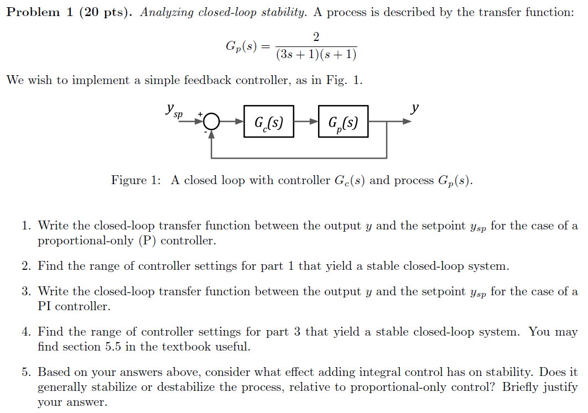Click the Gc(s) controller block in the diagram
[x=268, y=122]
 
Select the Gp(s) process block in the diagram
[x=343, y=122]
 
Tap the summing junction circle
[x=212, y=122]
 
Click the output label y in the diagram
[x=414, y=108]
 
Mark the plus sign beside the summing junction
[x=200, y=113]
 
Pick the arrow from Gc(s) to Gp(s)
[x=306, y=122]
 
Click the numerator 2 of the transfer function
[x=316, y=36]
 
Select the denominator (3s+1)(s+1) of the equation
[x=316, y=54]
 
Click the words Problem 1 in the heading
[x=39, y=12]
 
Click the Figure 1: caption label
[x=136, y=180]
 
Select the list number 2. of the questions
[x=26, y=266]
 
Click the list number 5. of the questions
[x=26, y=372]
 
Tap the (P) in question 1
[x=147, y=241]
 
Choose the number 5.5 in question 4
[x=113, y=346]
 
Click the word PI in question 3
[x=44, y=306]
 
